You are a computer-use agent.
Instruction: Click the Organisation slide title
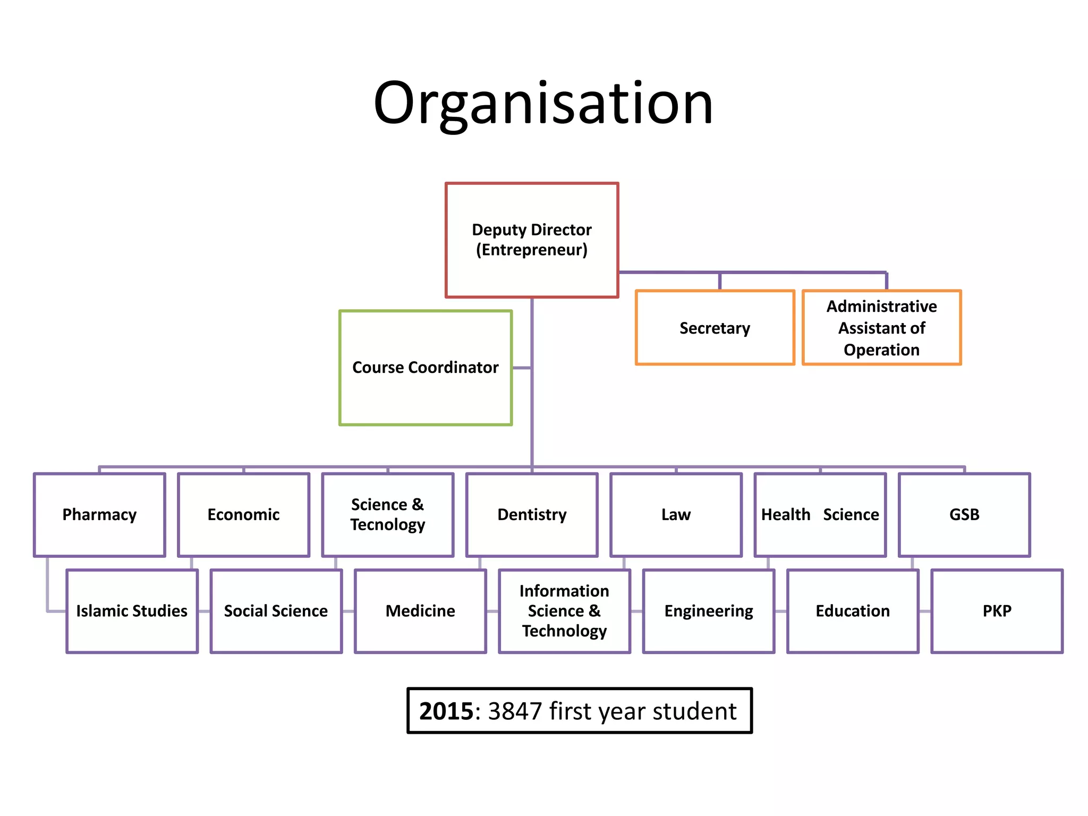point(543,104)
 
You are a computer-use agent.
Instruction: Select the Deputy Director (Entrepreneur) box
point(532,240)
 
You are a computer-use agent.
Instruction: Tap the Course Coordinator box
point(426,368)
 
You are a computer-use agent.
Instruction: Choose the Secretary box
point(715,328)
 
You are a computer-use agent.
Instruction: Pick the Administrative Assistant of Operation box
point(882,328)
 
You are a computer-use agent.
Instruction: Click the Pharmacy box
point(99,515)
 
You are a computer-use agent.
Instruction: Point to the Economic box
point(244,515)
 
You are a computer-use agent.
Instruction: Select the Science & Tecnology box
point(388,515)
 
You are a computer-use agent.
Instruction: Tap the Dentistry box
point(532,515)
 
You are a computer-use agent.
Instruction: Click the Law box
point(676,515)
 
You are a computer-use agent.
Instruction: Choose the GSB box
point(964,515)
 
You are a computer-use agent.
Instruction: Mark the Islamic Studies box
point(132,611)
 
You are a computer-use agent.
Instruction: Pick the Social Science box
point(276,611)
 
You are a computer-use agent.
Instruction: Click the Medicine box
point(420,611)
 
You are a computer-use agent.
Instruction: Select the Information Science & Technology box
point(564,611)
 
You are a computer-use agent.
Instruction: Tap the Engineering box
point(709,611)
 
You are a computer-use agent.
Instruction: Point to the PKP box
point(997,611)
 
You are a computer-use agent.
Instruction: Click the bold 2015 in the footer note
point(446,711)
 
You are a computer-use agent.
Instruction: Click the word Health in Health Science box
point(786,515)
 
